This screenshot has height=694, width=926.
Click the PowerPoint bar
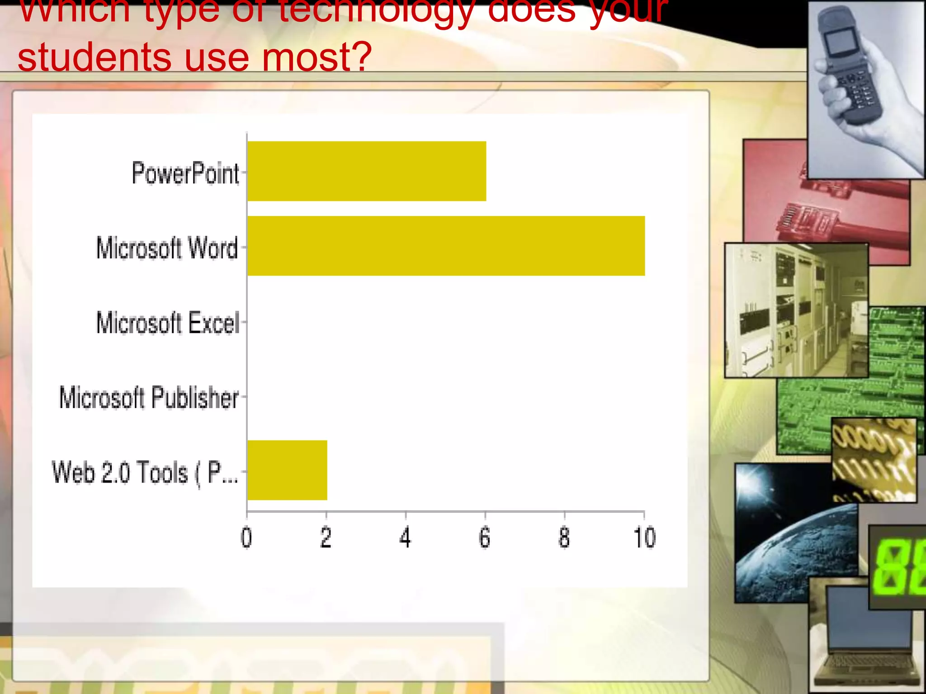366,171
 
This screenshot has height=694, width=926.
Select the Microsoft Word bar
446,246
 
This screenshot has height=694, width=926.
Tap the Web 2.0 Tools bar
287,470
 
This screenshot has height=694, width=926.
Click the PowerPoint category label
185,173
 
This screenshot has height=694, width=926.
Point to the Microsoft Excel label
168,323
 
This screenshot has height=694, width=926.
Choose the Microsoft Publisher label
149,398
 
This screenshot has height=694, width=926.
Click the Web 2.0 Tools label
145,473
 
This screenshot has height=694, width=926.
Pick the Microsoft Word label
167,248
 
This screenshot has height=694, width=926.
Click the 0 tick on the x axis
246,538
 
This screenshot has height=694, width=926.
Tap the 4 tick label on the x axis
406,538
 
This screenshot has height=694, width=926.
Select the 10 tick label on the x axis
644,538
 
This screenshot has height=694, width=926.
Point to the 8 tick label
564,538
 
